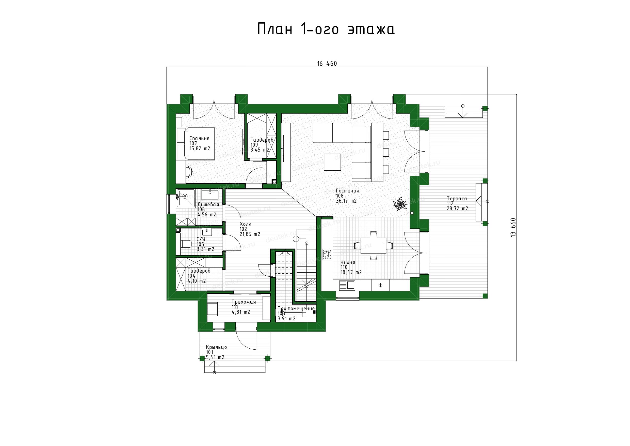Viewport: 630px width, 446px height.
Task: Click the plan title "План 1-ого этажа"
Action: tap(326, 29)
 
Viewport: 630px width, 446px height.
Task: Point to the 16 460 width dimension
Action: tap(327, 64)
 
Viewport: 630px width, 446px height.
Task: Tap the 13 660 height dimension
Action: tap(513, 228)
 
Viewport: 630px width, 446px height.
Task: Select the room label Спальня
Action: tap(199, 139)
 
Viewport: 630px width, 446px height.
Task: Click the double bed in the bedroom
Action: tap(196, 143)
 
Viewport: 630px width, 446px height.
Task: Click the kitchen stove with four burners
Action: tap(327, 254)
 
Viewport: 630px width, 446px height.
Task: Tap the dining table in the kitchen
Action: tap(373, 246)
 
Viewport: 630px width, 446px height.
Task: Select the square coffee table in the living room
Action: tap(333, 162)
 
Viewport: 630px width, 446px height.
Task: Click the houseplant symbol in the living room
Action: tap(400, 204)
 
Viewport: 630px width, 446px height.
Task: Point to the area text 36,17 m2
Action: tap(346, 201)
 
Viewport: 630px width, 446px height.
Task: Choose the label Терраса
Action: tap(457, 199)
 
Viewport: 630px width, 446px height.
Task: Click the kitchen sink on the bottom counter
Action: tap(347, 286)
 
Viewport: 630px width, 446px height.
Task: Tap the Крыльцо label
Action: tap(217, 347)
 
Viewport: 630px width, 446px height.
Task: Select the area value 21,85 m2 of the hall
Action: tap(250, 234)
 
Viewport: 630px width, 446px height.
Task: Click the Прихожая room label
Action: tap(244, 302)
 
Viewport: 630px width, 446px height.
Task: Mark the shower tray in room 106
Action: tap(185, 198)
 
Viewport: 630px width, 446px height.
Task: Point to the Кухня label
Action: tap(348, 262)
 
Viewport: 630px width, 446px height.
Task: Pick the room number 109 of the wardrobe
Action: tap(254, 145)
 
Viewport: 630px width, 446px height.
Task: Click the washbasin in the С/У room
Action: tap(207, 232)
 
